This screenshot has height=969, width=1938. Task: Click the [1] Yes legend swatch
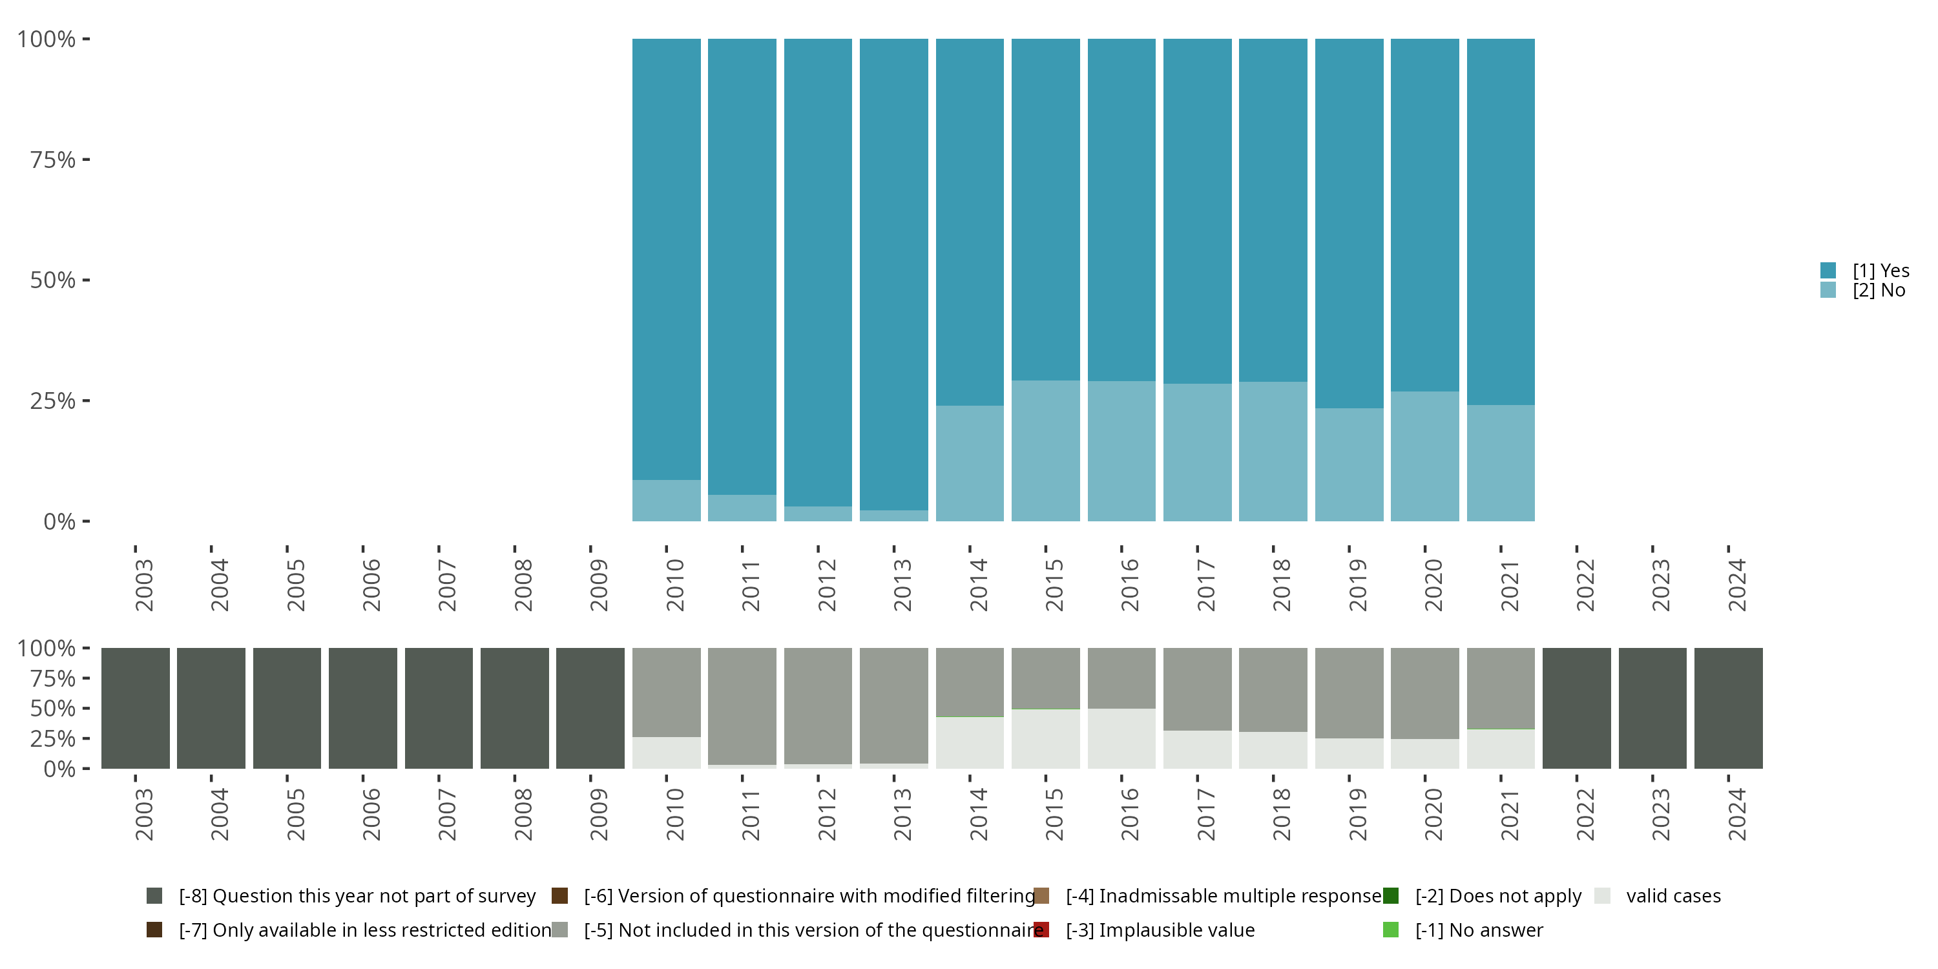pos(1828,271)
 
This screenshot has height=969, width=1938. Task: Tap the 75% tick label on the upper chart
pos(53,160)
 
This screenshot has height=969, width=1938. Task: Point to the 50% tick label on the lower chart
pos(53,708)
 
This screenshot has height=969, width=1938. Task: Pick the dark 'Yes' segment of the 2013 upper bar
pos(894,271)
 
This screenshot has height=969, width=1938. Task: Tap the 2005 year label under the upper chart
pos(296,585)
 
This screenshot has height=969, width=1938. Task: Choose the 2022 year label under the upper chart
pos(1585,585)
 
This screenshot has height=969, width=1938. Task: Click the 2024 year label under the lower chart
pos(1736,814)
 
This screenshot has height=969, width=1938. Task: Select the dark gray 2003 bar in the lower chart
pos(136,708)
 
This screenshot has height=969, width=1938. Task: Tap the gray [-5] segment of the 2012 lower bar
pos(818,705)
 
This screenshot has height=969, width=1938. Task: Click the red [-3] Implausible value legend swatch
pos(1042,930)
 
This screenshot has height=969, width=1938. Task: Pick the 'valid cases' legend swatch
pos(1603,896)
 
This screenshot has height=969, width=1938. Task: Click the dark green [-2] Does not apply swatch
pos(1391,896)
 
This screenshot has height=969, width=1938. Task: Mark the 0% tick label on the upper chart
pos(59,521)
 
